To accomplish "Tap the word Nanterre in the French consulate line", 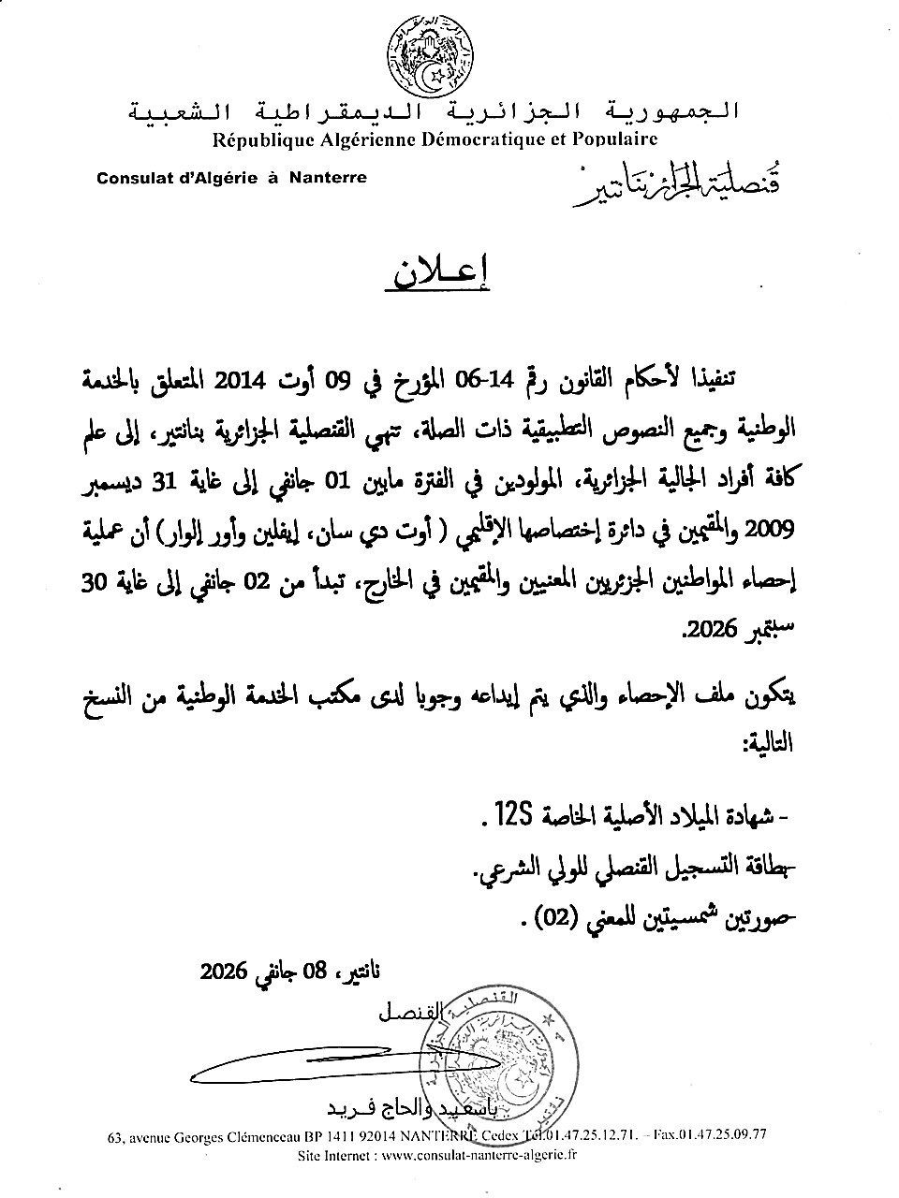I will [x=328, y=177].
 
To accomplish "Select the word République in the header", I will [x=260, y=139].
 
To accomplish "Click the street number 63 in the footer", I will [x=116, y=1137].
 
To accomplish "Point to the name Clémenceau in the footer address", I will [x=266, y=1137].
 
